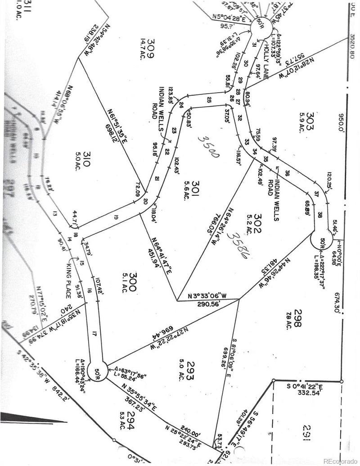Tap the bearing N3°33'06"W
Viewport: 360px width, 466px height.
207,297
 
